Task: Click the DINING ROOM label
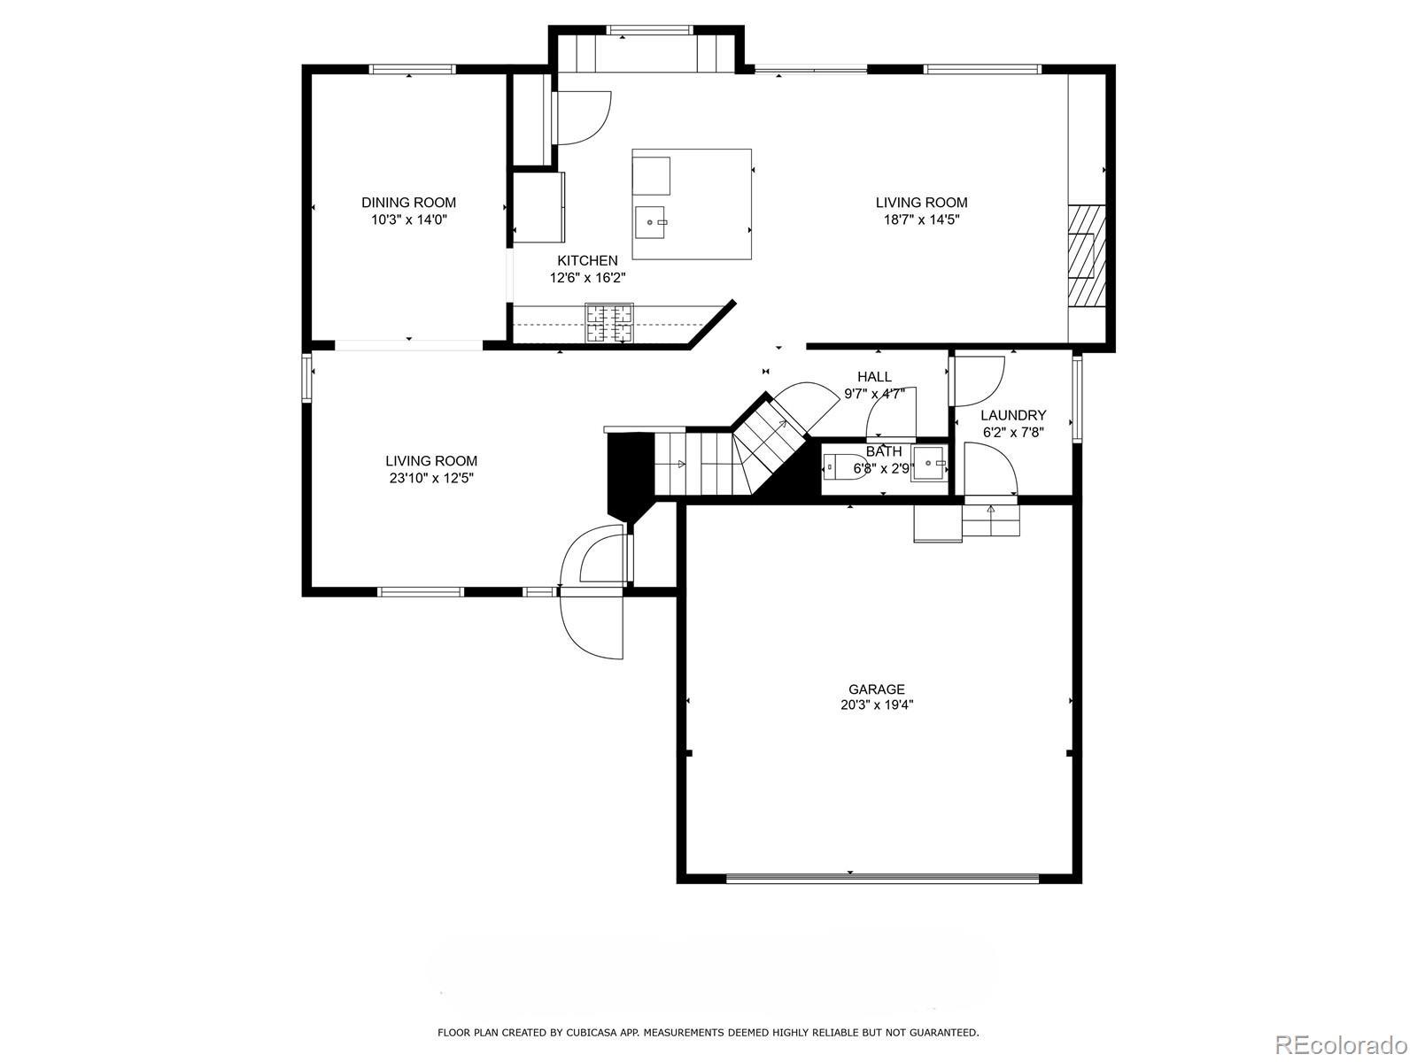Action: coord(408,203)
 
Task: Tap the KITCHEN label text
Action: coord(587,260)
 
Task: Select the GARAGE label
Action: coord(877,689)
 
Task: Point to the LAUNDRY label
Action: coord(1013,415)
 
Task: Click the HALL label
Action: coord(875,377)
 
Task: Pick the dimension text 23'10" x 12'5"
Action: coord(431,479)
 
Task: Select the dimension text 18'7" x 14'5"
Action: coord(921,219)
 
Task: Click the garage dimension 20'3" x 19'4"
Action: coord(877,705)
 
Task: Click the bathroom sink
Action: coord(929,463)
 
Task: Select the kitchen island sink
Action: coord(649,222)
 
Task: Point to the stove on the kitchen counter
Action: coord(608,322)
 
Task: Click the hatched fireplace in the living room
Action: coord(1088,256)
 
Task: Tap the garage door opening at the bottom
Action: coord(882,878)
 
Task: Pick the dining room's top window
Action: coord(413,69)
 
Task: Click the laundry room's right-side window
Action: coord(1077,398)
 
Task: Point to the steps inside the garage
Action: coord(991,520)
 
